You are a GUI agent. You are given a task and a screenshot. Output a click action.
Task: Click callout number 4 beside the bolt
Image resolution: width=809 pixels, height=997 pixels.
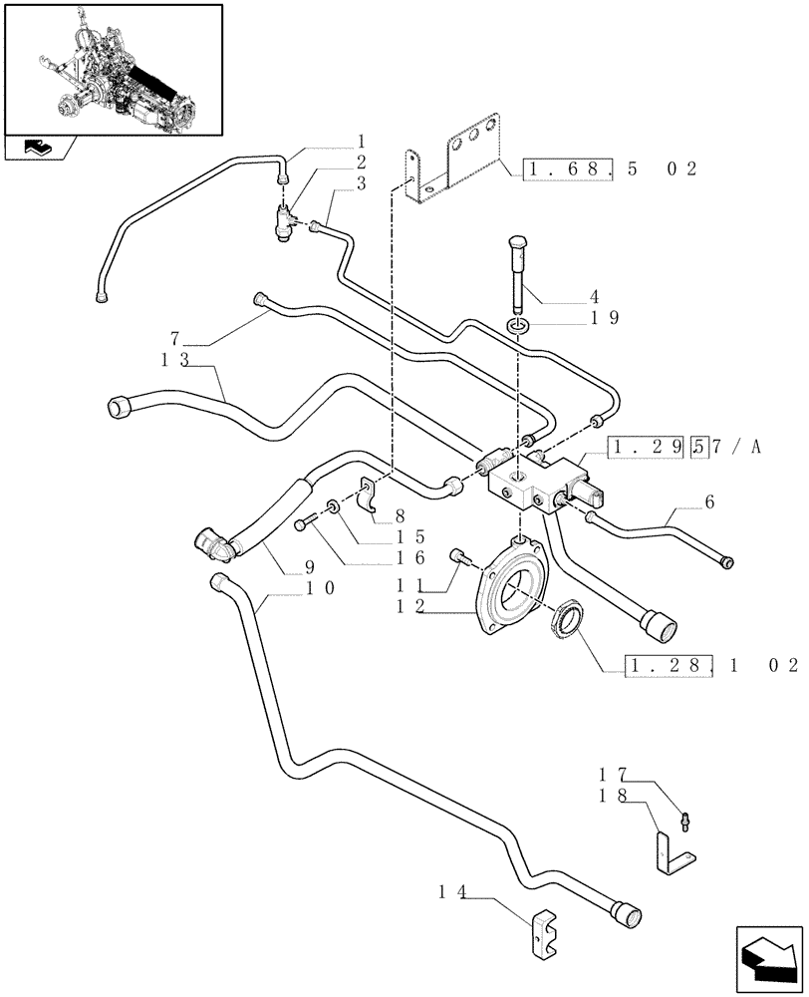coord(594,296)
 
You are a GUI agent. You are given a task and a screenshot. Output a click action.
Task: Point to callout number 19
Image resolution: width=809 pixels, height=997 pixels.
coord(605,319)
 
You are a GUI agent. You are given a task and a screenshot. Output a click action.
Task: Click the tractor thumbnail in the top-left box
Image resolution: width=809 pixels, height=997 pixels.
coord(113,69)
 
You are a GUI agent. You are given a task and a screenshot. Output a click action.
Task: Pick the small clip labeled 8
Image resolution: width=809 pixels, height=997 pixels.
coord(368,497)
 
